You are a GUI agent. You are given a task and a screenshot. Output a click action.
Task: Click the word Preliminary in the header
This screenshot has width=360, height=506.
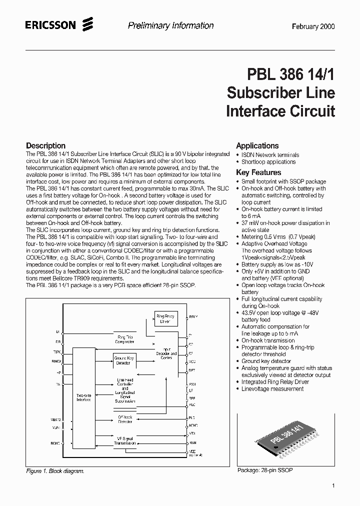147,26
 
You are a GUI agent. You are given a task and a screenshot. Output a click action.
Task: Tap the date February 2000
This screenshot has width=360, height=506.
313,26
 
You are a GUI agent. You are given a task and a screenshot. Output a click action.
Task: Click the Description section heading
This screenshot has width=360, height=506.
45,146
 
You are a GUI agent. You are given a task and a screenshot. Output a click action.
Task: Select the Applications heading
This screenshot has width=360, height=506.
257,145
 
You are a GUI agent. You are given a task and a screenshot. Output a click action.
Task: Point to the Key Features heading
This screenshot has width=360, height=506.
258,172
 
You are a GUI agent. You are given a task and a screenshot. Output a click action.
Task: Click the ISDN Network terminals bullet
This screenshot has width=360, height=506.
270,155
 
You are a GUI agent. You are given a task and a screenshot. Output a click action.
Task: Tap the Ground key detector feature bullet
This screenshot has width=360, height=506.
266,361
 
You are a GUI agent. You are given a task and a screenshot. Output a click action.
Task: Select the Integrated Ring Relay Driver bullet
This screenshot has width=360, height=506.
274,382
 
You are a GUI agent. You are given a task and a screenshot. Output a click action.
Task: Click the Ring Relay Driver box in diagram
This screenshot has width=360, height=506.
165,319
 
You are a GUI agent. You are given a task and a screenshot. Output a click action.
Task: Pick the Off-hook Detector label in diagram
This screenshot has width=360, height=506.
125,419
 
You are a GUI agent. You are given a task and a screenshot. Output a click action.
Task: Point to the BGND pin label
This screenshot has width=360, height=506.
55,443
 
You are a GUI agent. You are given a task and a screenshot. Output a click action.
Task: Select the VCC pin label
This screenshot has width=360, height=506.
192,361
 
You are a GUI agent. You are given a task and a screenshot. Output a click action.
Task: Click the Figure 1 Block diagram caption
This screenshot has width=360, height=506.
55,471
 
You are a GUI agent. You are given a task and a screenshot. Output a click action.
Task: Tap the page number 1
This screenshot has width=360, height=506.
333,485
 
